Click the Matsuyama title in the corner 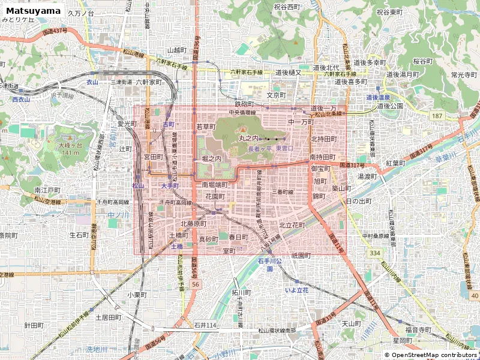click(34, 11)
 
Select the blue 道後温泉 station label click(379, 97)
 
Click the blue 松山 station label click(139, 186)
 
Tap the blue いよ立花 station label click(296, 290)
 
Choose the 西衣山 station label click(20, 100)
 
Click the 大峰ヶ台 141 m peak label click(69, 149)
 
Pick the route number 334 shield click(375, 253)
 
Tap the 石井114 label click(205, 325)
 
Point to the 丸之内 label click(249, 138)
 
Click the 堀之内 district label click(212, 158)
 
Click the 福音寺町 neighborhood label click(418, 329)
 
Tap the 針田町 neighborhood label click(34, 325)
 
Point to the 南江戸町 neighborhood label click(47, 190)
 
